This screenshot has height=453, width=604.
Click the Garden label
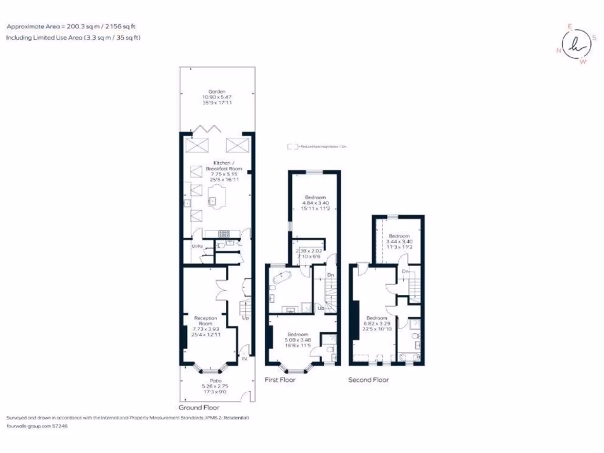pyautogui.click(x=216, y=91)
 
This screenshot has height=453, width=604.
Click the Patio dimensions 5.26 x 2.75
pyautogui.click(x=216, y=386)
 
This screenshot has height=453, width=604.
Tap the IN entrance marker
pyautogui.click(x=244, y=358)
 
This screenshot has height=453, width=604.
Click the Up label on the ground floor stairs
pyautogui.click(x=245, y=318)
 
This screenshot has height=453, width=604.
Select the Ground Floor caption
pyautogui.click(x=199, y=408)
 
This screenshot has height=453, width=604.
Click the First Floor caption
pyautogui.click(x=280, y=380)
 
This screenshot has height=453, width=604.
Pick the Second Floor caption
pyautogui.click(x=368, y=380)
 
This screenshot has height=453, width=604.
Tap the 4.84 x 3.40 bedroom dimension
pyautogui.click(x=316, y=202)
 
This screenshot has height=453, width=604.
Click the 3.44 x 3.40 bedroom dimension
pyautogui.click(x=399, y=241)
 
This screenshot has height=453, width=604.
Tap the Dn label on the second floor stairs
pyautogui.click(x=405, y=271)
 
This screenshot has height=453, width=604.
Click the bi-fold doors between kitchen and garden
pyautogui.click(x=210, y=130)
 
